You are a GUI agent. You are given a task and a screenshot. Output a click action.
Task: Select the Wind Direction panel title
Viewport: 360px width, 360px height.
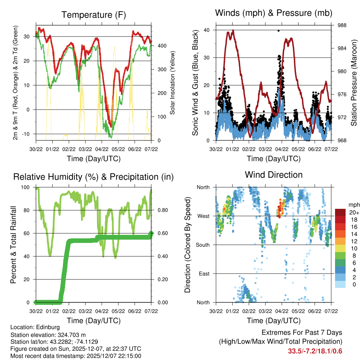pyautogui.click(x=274, y=175)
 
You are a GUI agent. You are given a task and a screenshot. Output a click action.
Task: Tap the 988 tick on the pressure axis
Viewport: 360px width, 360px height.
pyautogui.click(x=339, y=25)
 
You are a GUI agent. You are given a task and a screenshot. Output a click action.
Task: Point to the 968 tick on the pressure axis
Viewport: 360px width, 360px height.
pyautogui.click(x=339, y=141)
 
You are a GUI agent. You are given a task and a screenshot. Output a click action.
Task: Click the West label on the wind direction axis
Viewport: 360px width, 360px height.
pyautogui.click(x=203, y=216)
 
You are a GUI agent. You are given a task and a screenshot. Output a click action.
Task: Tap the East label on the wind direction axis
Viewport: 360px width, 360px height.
pyautogui.click(x=204, y=274)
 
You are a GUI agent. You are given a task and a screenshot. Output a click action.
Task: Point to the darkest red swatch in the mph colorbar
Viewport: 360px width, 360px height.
pyautogui.click(x=341, y=212)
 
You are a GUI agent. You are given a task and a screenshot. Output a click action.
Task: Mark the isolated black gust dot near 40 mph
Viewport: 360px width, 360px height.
pyautogui.click(x=278, y=31)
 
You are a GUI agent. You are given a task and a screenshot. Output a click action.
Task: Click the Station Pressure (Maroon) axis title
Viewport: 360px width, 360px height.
pyautogui.click(x=354, y=83)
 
